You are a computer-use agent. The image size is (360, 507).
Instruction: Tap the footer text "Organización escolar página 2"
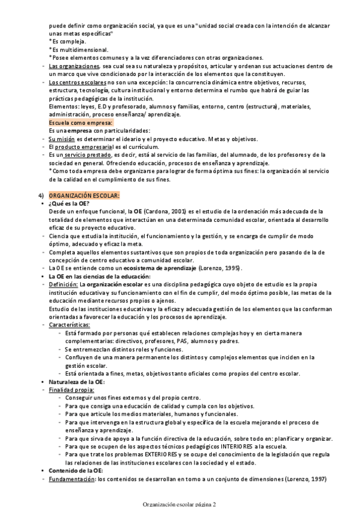click(x=180, y=503)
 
